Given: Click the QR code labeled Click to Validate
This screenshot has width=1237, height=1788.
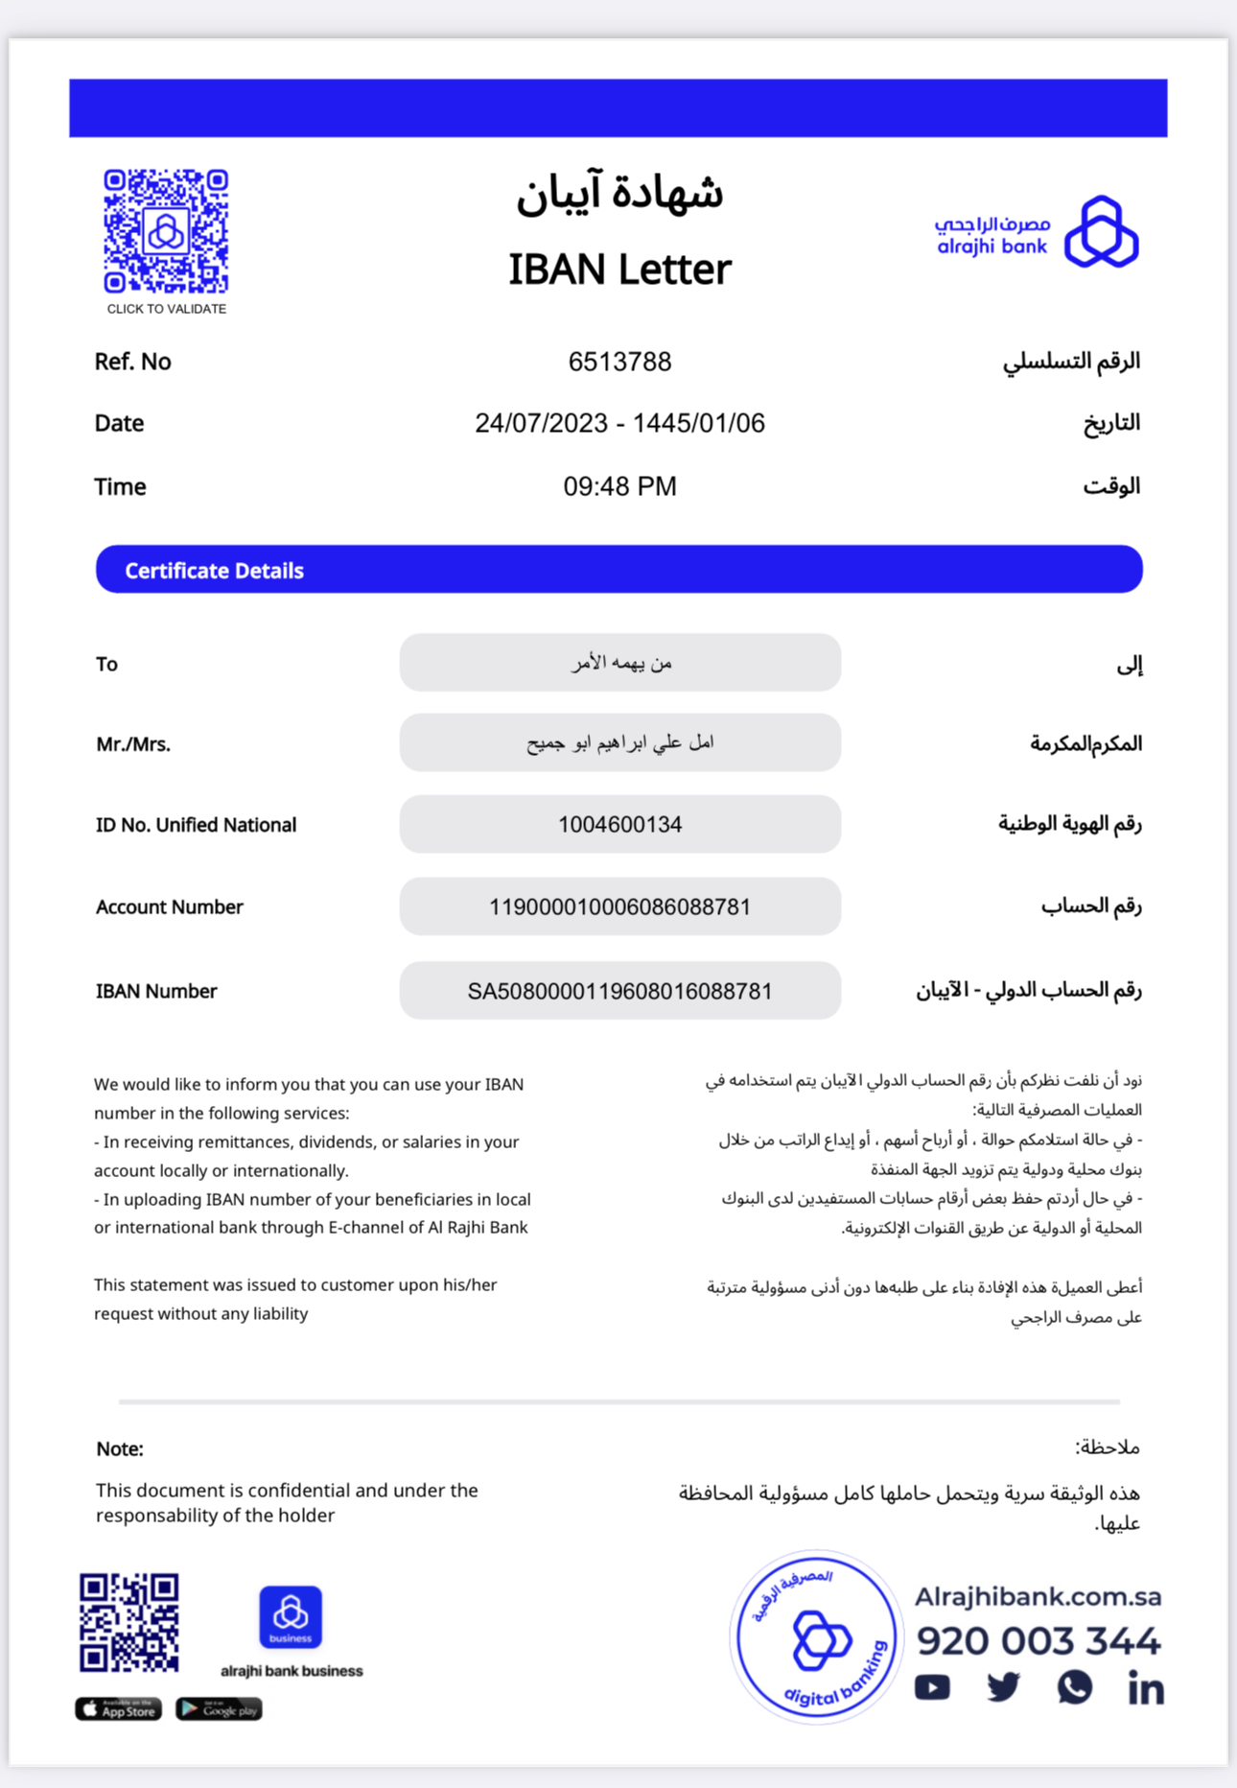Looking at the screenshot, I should pyautogui.click(x=166, y=231).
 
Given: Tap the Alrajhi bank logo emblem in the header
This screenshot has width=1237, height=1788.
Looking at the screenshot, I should pyautogui.click(x=1102, y=232).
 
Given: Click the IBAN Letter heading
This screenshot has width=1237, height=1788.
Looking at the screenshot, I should pyautogui.click(x=619, y=270).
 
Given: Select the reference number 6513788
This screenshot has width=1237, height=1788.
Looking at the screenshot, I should pyautogui.click(x=619, y=362).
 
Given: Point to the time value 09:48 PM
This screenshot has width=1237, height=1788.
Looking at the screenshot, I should pyautogui.click(x=619, y=486).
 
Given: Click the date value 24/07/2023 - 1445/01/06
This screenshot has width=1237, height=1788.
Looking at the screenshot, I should pyautogui.click(x=619, y=423).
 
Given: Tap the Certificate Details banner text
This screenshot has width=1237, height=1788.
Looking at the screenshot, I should pyautogui.click(x=214, y=571).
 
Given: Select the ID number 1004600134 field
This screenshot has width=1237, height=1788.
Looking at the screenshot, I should pyautogui.click(x=619, y=824).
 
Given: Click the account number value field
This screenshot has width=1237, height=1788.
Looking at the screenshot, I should pyautogui.click(x=619, y=906).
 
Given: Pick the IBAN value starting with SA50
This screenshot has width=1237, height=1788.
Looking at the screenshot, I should pyautogui.click(x=619, y=991).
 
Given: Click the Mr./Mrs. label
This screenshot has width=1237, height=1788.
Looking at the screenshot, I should pyautogui.click(x=133, y=744).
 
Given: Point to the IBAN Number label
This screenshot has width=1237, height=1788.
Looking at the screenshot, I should pyautogui.click(x=156, y=991).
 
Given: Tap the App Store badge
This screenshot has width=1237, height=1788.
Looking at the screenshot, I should pyautogui.click(x=119, y=1708).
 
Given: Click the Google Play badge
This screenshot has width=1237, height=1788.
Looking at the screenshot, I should pyautogui.click(x=219, y=1708).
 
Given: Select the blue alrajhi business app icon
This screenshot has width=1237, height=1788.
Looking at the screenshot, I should pyautogui.click(x=291, y=1616).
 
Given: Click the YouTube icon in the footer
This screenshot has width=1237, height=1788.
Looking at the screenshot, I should pyautogui.click(x=932, y=1687).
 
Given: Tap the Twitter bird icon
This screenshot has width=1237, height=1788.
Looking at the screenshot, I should pyautogui.click(x=1003, y=1687).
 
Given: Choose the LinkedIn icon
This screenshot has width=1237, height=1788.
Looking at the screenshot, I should pyautogui.click(x=1145, y=1687).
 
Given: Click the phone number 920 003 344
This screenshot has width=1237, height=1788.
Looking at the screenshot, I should pyautogui.click(x=1038, y=1641).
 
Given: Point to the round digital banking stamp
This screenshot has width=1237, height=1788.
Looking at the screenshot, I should pyautogui.click(x=816, y=1636).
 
